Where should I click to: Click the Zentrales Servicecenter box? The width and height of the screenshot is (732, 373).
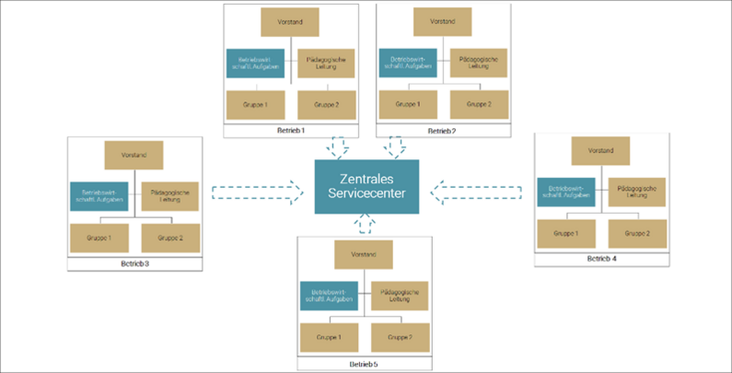click(x=366, y=186)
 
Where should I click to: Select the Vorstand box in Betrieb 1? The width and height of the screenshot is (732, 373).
click(x=289, y=22)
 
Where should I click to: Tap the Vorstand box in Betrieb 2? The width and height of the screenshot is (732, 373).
click(x=443, y=22)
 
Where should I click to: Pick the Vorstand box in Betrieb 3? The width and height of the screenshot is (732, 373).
click(x=134, y=154)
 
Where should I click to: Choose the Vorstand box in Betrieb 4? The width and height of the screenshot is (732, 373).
click(x=600, y=150)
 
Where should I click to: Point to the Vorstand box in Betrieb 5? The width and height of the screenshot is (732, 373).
click(x=365, y=253)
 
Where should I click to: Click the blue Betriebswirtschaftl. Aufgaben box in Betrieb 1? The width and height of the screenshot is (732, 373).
click(x=252, y=64)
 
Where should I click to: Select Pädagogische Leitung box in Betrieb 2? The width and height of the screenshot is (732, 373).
click(x=477, y=63)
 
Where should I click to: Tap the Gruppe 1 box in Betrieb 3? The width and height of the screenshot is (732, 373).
click(x=99, y=238)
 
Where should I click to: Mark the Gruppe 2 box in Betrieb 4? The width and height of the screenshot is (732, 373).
click(x=636, y=234)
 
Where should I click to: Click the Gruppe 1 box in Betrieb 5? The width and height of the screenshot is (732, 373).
click(x=329, y=337)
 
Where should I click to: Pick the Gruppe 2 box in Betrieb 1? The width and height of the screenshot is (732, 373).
click(x=327, y=105)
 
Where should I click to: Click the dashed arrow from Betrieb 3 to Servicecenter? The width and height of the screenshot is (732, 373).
click(x=257, y=192)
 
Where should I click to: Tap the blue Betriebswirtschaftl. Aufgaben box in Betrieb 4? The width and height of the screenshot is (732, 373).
click(x=566, y=192)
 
